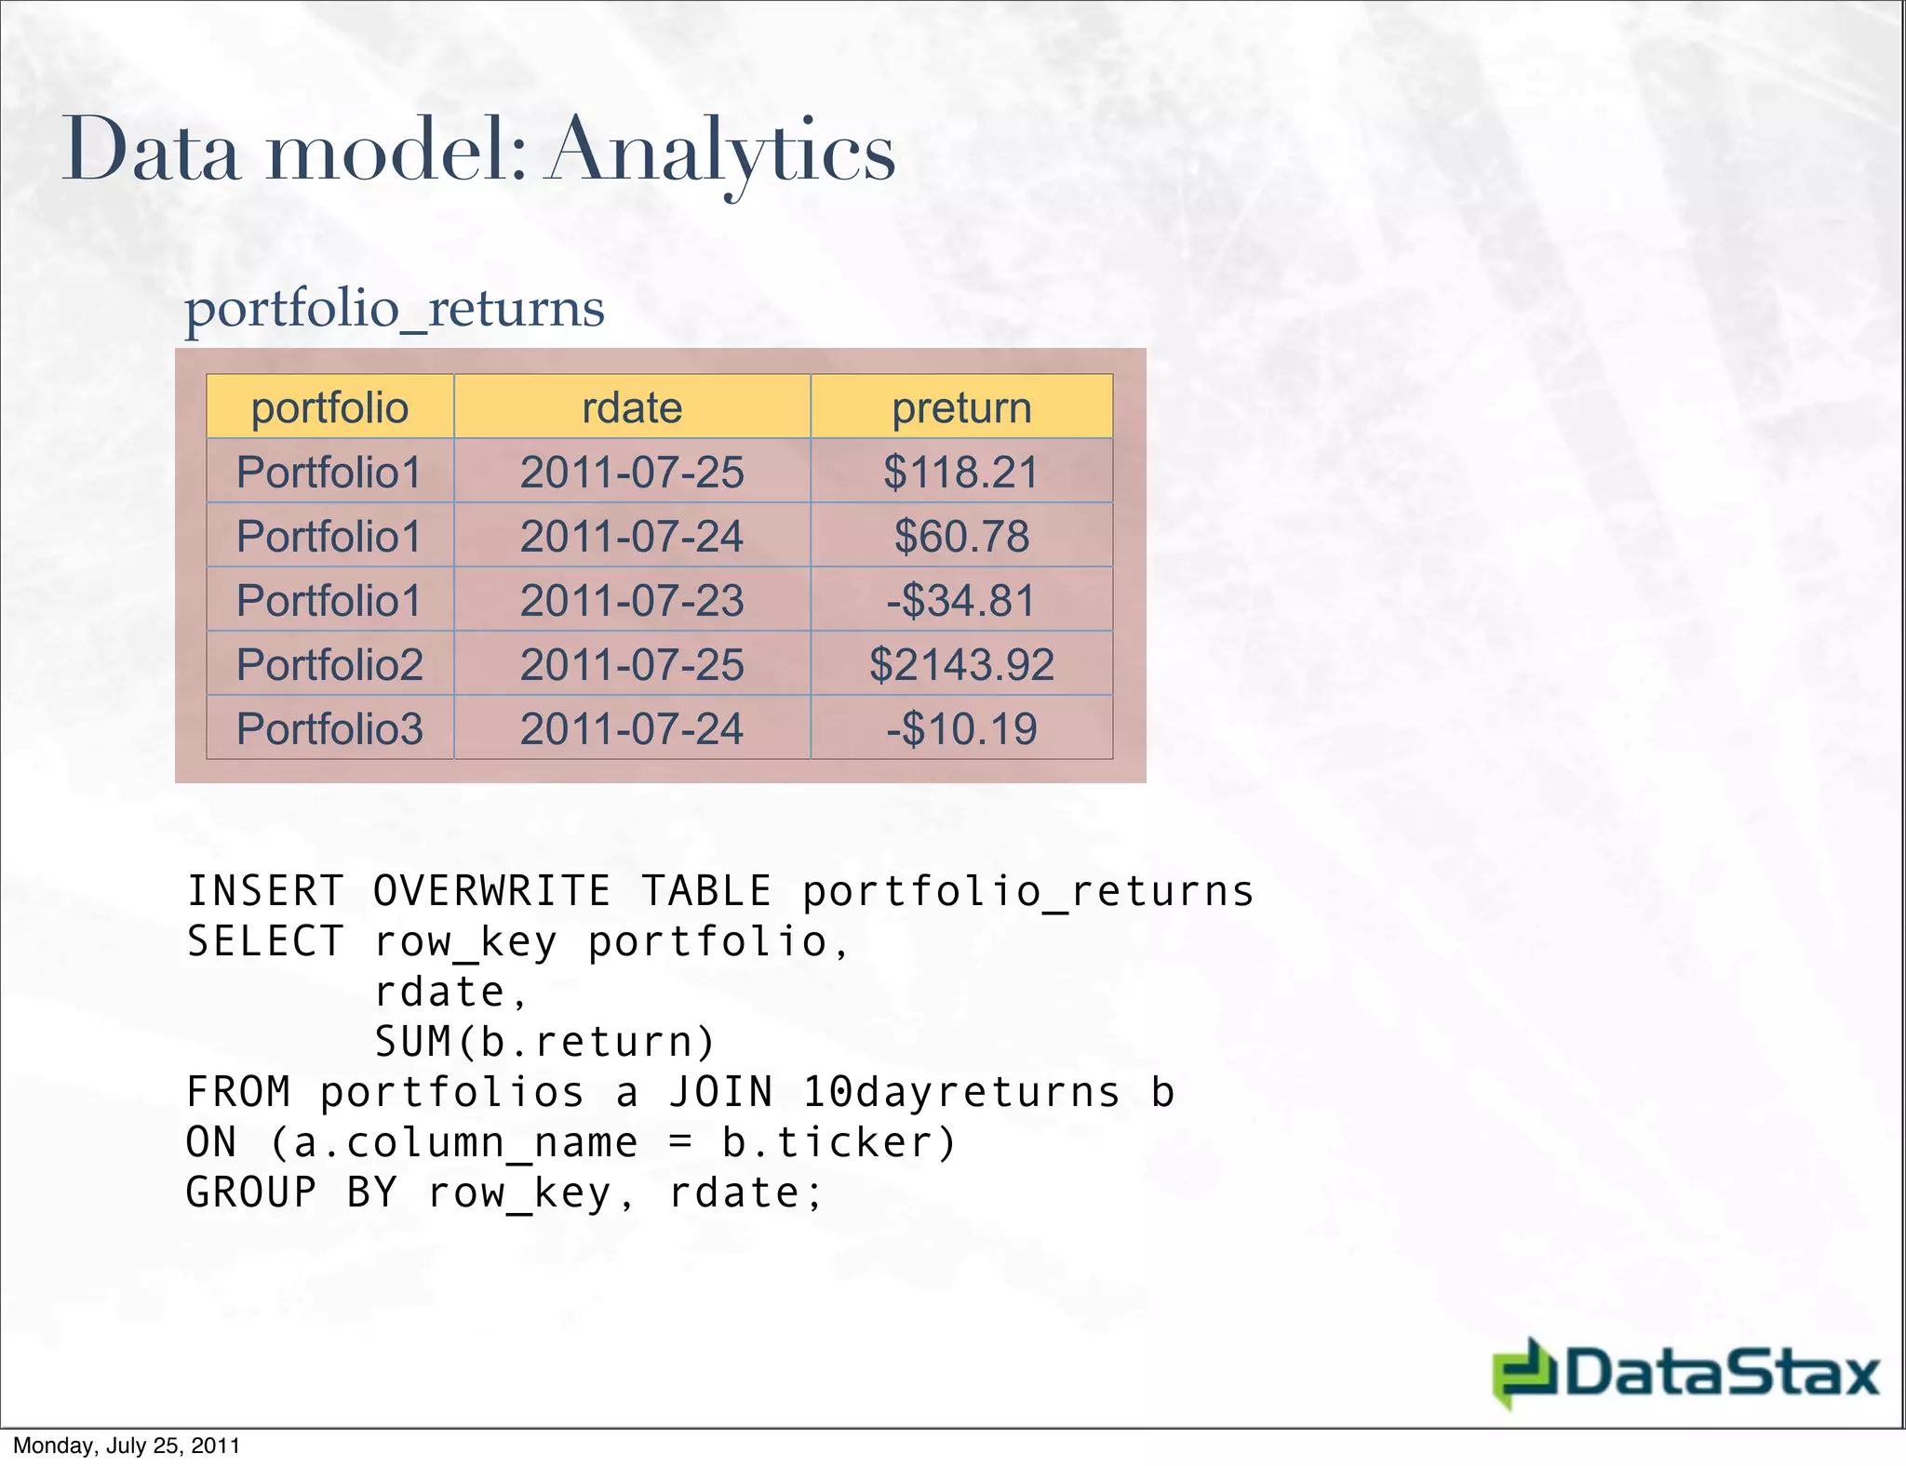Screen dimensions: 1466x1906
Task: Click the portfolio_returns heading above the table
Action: [x=395, y=308]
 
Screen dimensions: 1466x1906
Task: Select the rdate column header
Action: [x=632, y=407]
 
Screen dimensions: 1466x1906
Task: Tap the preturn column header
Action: [x=961, y=407]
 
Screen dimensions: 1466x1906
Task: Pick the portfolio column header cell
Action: [x=329, y=407]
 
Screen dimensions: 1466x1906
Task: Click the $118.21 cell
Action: [x=961, y=472]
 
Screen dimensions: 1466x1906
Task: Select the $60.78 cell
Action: [x=961, y=536]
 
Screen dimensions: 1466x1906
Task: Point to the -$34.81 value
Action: [x=961, y=600]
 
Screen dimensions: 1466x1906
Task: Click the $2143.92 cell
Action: [x=961, y=664]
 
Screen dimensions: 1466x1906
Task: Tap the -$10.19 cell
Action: [x=961, y=728]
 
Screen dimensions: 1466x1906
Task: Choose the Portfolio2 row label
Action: [x=329, y=664]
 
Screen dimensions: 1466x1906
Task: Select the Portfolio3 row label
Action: [x=329, y=728]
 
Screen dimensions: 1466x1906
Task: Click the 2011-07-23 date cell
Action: [x=632, y=600]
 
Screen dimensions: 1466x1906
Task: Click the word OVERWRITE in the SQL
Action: [x=491, y=891]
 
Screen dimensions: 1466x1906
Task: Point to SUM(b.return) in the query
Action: [x=544, y=1042]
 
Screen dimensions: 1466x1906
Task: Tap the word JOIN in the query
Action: [x=721, y=1092]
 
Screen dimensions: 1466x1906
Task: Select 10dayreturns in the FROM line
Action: [x=961, y=1092]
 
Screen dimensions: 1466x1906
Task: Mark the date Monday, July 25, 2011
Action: [x=127, y=1446]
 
